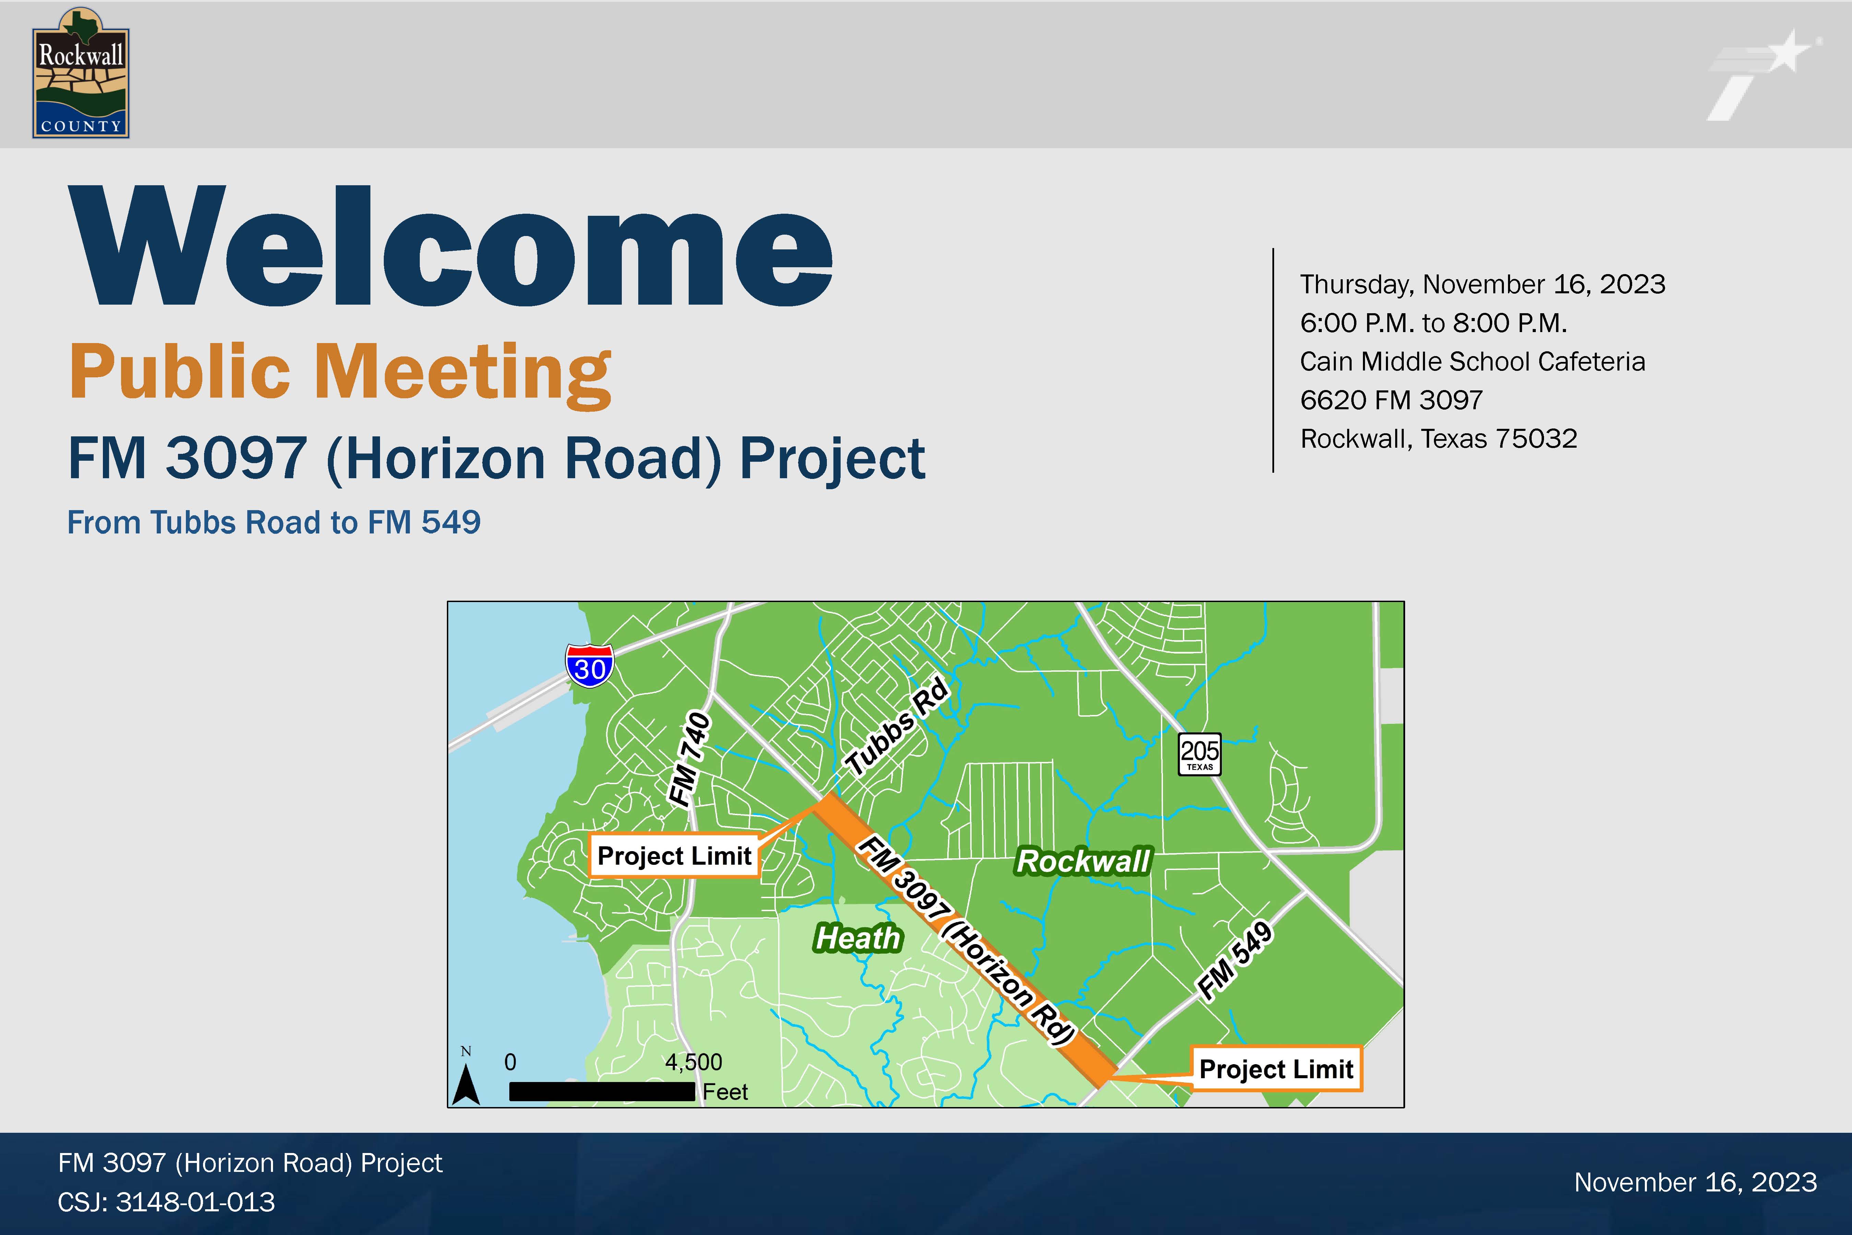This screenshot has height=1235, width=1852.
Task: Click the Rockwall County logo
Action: [x=80, y=73]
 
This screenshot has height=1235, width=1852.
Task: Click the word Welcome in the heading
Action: [x=450, y=246]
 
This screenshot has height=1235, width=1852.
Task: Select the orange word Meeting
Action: [x=463, y=373]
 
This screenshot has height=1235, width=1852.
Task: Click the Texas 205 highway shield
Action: [x=1199, y=754]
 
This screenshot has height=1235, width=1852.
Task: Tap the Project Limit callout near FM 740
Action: [x=674, y=855]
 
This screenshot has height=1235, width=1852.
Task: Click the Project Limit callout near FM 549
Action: [x=1275, y=1069]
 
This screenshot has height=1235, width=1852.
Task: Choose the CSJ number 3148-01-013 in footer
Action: [x=195, y=1202]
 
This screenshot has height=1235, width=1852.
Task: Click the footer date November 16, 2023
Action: [x=1695, y=1182]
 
